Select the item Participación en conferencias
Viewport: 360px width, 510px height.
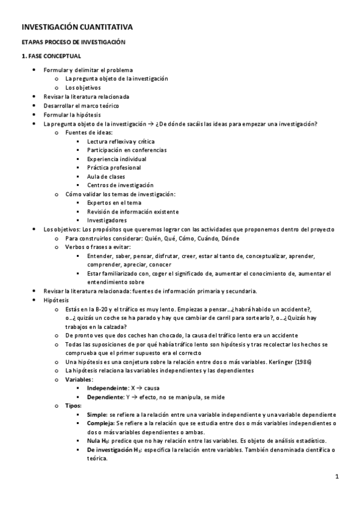pyautogui.click(x=127, y=150)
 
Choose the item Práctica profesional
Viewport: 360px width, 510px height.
pyautogui.click(x=114, y=168)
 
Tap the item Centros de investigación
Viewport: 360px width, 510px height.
pyautogui.click(x=120, y=185)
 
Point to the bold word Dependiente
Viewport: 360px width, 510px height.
pyautogui.click(x=104, y=397)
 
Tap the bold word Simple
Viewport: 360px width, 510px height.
pyautogui.click(x=96, y=415)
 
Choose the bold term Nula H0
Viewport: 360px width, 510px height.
pyautogui.click(x=99, y=441)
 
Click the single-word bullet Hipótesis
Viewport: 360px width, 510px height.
pyautogui.click(x=56, y=300)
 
